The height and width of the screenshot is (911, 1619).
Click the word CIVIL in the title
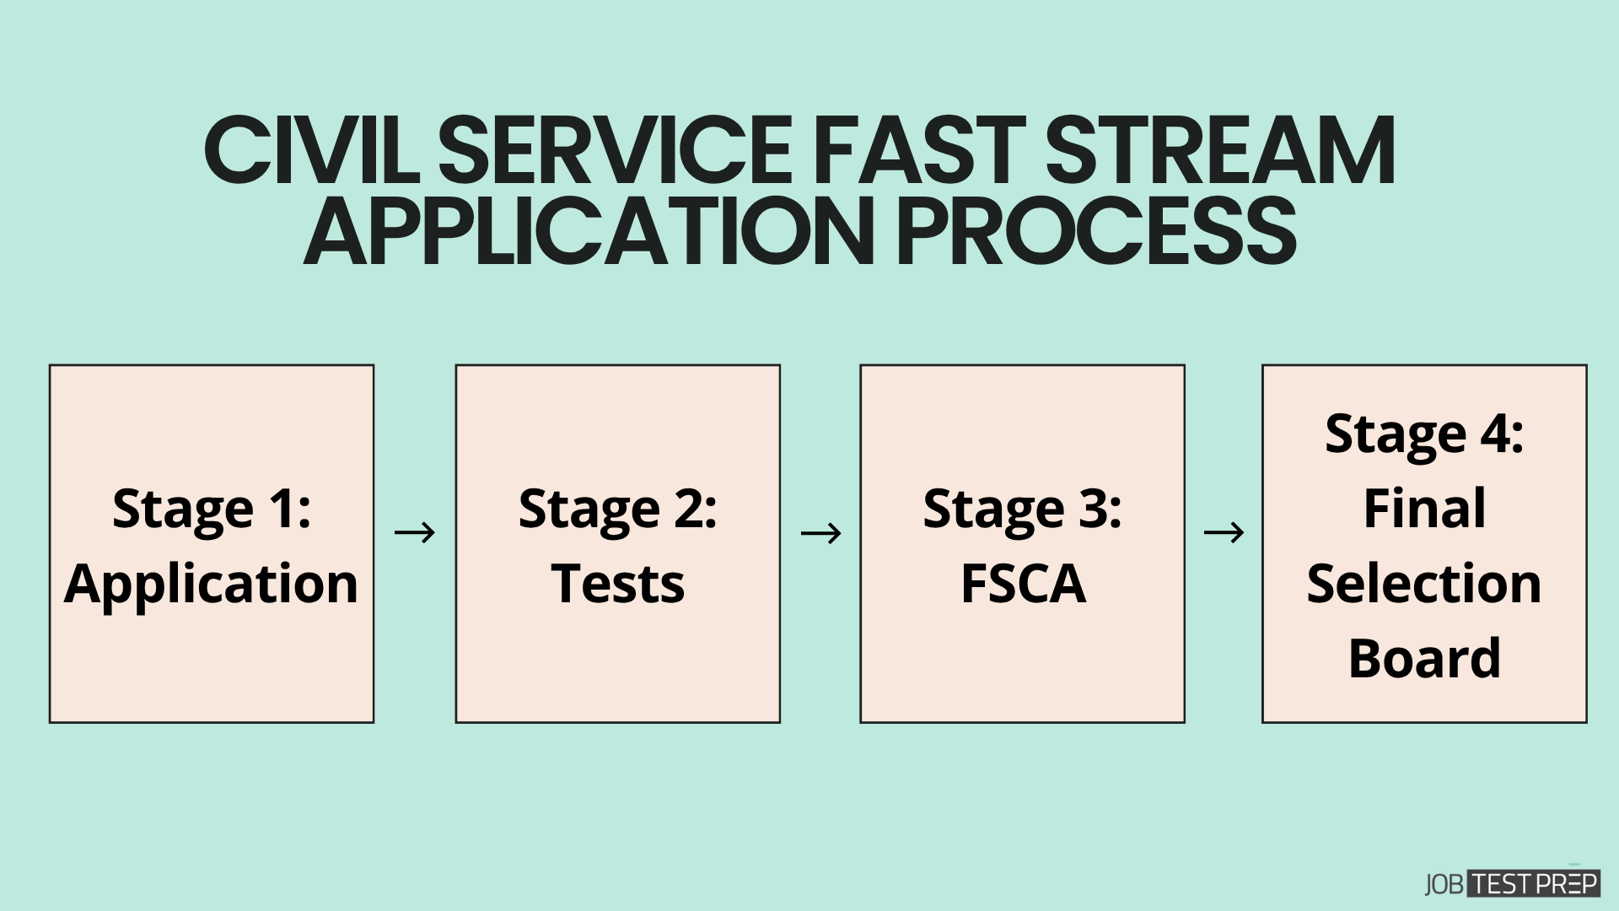coord(312,152)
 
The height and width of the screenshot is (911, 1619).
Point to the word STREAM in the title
coord(1225,152)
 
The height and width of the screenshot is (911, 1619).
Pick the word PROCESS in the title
coord(1096,229)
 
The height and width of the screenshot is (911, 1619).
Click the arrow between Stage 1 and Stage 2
coord(415,532)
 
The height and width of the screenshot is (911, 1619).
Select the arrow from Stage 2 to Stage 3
coord(820,532)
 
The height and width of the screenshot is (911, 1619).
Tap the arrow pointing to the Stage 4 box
coord(1224,532)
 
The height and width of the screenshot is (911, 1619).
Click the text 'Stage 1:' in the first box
coord(212,509)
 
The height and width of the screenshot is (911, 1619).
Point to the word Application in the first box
coord(212,584)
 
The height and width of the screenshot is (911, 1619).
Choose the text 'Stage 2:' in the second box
coord(617,509)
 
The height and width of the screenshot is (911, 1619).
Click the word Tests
coord(617,584)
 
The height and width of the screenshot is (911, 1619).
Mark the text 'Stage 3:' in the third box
coord(1022,509)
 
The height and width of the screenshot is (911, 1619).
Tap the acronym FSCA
coord(1022,584)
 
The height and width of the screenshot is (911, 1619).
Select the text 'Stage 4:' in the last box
coord(1424,434)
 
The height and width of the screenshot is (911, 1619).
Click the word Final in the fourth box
coord(1424,509)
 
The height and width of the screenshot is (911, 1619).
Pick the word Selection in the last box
coord(1424,584)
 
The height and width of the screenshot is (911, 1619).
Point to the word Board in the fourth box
coord(1424,658)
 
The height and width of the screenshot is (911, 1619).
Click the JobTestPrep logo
coord(1512,884)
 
